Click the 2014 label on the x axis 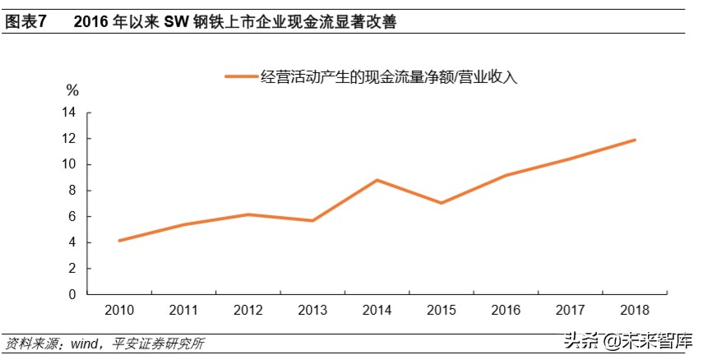[x=377, y=310]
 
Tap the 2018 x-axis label [x=635, y=310]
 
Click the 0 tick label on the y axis [x=72, y=294]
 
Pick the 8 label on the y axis [x=72, y=191]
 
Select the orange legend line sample [x=240, y=76]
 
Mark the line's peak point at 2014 [x=377, y=180]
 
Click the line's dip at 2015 [x=442, y=203]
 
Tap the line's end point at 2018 [x=635, y=140]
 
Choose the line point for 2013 [x=312, y=220]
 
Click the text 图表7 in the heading [x=26, y=23]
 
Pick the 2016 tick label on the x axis [x=506, y=310]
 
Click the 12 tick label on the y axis [x=69, y=139]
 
